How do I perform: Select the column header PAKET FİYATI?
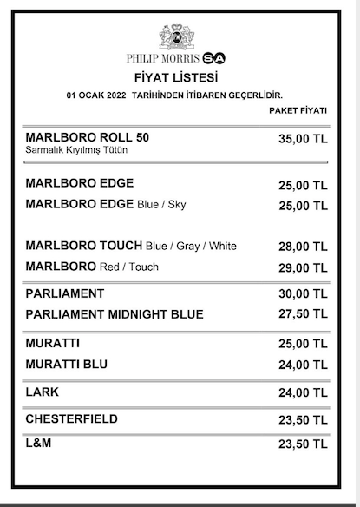point(298,111)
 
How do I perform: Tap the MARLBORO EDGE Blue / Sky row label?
point(106,205)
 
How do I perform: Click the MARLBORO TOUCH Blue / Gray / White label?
point(131,246)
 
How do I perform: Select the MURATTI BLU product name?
point(67,363)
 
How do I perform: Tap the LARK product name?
point(43,392)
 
